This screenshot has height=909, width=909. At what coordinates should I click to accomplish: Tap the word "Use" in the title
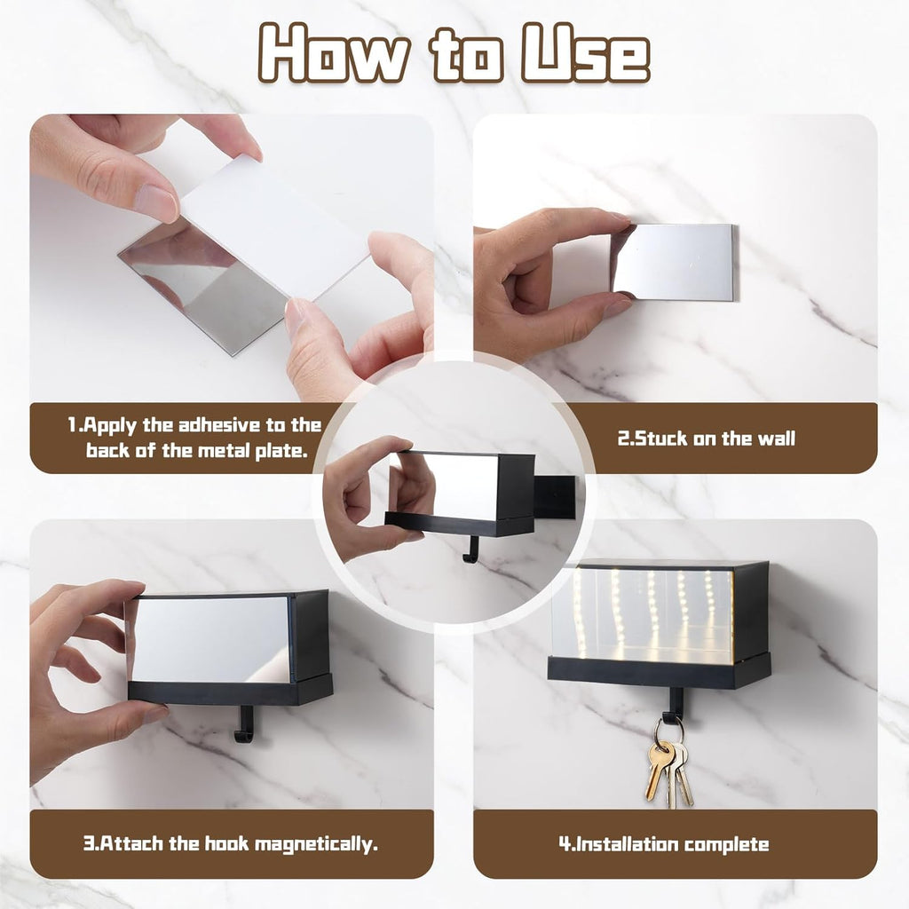[x=586, y=53]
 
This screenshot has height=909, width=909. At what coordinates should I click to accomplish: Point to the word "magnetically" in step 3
[x=316, y=843]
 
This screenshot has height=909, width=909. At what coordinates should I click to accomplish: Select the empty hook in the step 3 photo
[x=244, y=723]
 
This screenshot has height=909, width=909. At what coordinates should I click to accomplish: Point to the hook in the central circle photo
[x=471, y=549]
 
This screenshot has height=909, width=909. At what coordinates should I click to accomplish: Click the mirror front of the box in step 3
[x=210, y=640]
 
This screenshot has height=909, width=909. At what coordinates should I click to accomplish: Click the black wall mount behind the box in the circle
[x=556, y=497]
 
